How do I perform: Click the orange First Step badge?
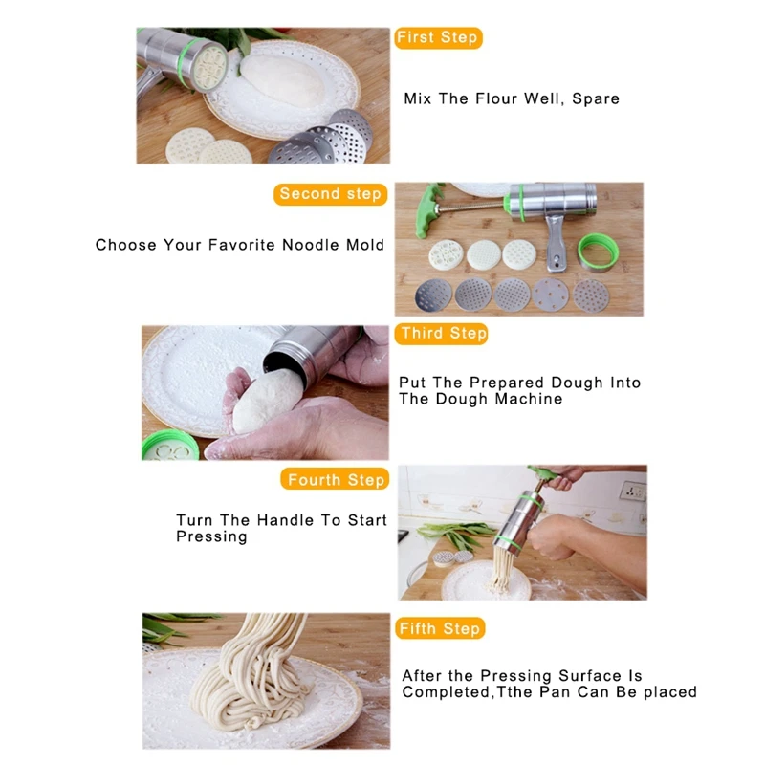click(438, 37)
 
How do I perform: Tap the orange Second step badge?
click(330, 194)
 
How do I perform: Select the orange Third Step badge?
click(441, 333)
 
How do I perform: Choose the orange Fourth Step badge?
click(335, 479)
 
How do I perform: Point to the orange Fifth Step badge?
click(440, 628)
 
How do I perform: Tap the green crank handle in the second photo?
click(427, 210)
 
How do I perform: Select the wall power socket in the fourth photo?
click(633, 491)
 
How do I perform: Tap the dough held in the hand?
click(266, 400)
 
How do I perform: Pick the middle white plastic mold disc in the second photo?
click(484, 254)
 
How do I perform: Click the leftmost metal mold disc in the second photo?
click(433, 295)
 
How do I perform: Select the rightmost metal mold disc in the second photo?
click(591, 295)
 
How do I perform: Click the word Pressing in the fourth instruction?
click(211, 536)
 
